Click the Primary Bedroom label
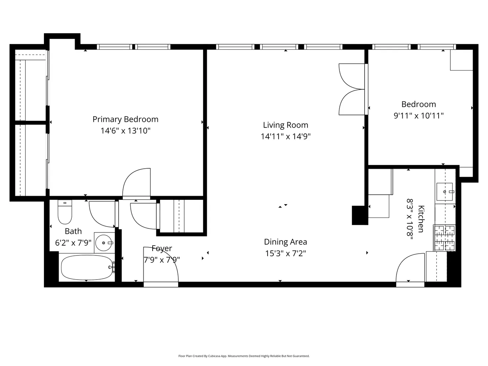(x=126, y=120)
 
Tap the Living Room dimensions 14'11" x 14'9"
(x=286, y=137)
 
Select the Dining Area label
(x=286, y=242)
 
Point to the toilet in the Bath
(x=65, y=212)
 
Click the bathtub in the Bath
(x=87, y=268)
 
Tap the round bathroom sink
(x=104, y=243)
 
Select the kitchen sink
(x=445, y=191)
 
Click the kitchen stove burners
(x=444, y=238)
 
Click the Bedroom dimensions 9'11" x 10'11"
(x=418, y=116)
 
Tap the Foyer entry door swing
(x=161, y=264)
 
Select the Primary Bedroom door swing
(x=136, y=182)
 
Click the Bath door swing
(x=102, y=214)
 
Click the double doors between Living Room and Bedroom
(x=352, y=89)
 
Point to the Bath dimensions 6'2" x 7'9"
(x=73, y=243)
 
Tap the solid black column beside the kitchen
(x=360, y=215)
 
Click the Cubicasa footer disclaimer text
(x=244, y=356)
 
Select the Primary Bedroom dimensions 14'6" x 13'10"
(x=126, y=131)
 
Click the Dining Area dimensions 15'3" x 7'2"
(x=286, y=253)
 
